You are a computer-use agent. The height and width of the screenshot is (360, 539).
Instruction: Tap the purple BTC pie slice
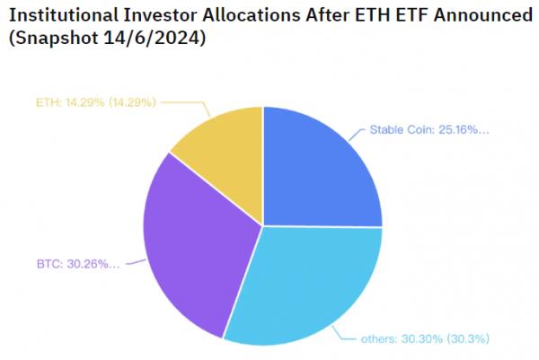coord(193,247)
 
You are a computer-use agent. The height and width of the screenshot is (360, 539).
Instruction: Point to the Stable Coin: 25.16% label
coord(429,130)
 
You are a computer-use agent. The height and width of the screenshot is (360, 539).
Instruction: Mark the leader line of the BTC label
coord(135,262)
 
